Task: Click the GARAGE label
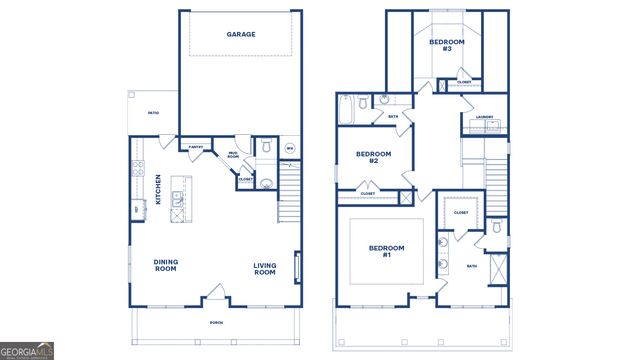point(240,34)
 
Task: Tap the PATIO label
point(153,113)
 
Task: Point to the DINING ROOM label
point(165,266)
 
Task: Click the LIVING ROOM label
point(264,268)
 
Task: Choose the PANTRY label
point(197,147)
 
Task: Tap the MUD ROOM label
point(233,155)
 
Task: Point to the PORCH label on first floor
point(215,322)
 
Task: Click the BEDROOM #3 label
point(441,45)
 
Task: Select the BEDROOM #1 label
point(387,251)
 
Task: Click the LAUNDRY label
point(485,117)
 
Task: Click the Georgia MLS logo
point(27,351)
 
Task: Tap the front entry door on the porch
point(213,297)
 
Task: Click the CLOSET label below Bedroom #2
point(368,193)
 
